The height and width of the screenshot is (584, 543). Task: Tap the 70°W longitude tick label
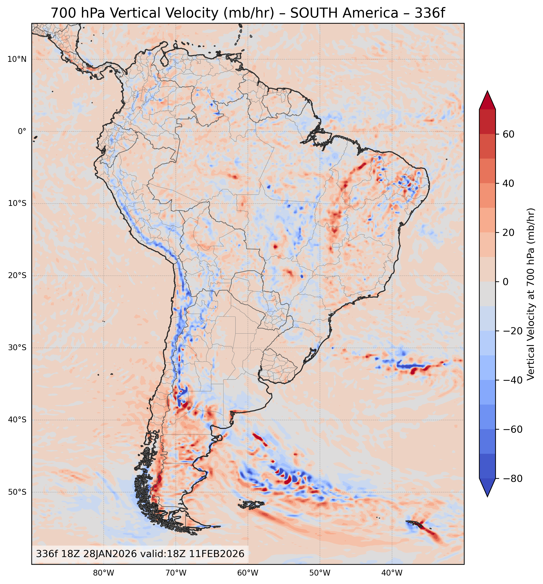tap(176, 573)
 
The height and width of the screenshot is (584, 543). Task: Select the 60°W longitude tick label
tap(248, 573)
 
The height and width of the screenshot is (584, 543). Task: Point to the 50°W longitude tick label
tap(320, 573)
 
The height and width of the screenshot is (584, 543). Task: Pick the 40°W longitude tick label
tap(392, 573)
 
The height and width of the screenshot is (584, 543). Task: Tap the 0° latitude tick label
tap(22, 131)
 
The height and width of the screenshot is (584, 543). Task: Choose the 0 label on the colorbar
tap(505, 282)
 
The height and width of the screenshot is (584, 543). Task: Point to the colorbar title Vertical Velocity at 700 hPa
tap(531, 294)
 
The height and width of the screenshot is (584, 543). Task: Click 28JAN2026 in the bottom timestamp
tap(110, 554)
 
